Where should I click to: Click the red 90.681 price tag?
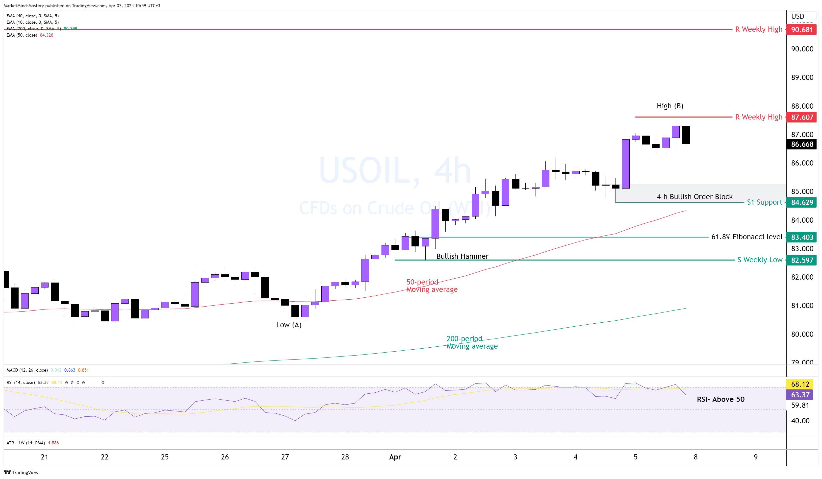click(802, 30)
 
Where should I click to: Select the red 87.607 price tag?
click(802, 117)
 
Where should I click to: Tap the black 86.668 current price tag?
click(802, 144)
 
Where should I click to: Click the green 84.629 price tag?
click(802, 202)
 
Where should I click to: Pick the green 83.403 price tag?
click(802, 237)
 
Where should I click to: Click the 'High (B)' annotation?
click(670, 106)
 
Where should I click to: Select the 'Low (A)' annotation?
click(289, 325)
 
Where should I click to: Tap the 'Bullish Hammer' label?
click(462, 256)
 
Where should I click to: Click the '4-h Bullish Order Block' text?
click(694, 197)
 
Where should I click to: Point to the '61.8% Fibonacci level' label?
click(747, 237)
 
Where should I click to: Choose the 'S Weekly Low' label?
click(760, 260)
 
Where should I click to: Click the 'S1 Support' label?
click(764, 202)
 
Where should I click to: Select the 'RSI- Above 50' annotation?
click(720, 399)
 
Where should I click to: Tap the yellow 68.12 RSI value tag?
click(800, 384)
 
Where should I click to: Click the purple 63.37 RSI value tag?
click(800, 395)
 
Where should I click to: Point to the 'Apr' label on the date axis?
click(395, 457)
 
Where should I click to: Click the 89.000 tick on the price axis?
click(802, 77)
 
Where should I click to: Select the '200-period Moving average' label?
click(472, 342)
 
